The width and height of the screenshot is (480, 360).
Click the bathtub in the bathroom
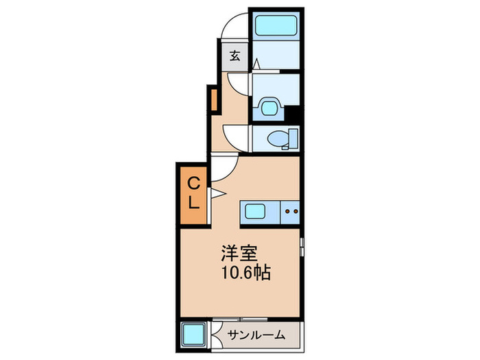(x=274, y=27)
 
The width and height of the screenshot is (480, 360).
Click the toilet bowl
(x=277, y=139)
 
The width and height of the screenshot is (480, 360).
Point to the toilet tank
(x=291, y=139)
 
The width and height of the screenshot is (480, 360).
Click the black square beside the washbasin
(x=293, y=114)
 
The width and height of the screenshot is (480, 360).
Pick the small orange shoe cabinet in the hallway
(x=213, y=99)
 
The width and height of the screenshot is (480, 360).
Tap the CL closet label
(x=194, y=193)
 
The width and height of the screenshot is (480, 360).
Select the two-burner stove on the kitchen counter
(x=291, y=213)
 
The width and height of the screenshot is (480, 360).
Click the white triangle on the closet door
(x=215, y=193)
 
